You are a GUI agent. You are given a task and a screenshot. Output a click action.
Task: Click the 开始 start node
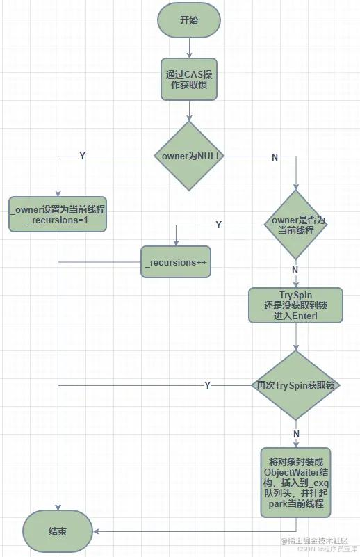pyautogui.click(x=189, y=21)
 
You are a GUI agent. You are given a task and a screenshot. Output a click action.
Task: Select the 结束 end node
pyautogui.click(x=58, y=531)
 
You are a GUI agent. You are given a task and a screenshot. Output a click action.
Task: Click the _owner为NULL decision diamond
pyautogui.click(x=189, y=156)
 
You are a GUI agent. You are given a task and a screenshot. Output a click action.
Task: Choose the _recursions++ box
pyautogui.click(x=176, y=262)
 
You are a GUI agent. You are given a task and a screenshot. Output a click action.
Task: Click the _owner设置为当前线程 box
pyautogui.click(x=58, y=213)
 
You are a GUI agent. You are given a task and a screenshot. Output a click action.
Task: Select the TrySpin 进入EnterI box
pyautogui.click(x=296, y=305)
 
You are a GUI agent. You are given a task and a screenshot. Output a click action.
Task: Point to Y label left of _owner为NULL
pyautogui.click(x=83, y=156)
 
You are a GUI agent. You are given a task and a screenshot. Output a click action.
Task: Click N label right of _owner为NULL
pyautogui.click(x=275, y=157)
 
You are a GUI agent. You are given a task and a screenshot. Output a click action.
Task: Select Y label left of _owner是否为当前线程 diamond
pyautogui.click(x=219, y=225)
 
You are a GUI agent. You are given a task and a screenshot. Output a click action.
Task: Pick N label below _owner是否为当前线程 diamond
pyautogui.click(x=295, y=270)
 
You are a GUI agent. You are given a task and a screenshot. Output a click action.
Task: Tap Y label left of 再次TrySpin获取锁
pyautogui.click(x=208, y=385)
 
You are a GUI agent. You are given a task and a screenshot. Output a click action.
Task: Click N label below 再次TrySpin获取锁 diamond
pyautogui.click(x=297, y=434)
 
